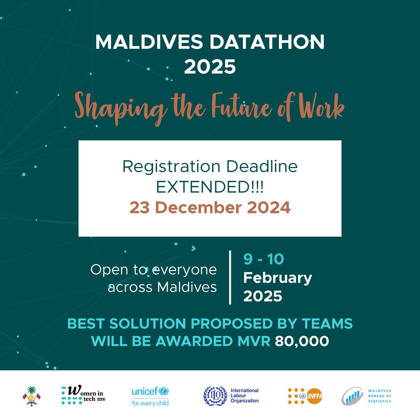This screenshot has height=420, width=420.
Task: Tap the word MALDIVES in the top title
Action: [147, 42]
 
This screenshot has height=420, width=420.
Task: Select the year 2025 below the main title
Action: [210, 66]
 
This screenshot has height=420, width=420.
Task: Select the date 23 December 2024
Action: [210, 208]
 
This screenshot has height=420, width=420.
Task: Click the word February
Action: [278, 278]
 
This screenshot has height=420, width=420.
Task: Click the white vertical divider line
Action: [230, 277]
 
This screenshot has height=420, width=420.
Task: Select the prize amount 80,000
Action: [302, 341]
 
